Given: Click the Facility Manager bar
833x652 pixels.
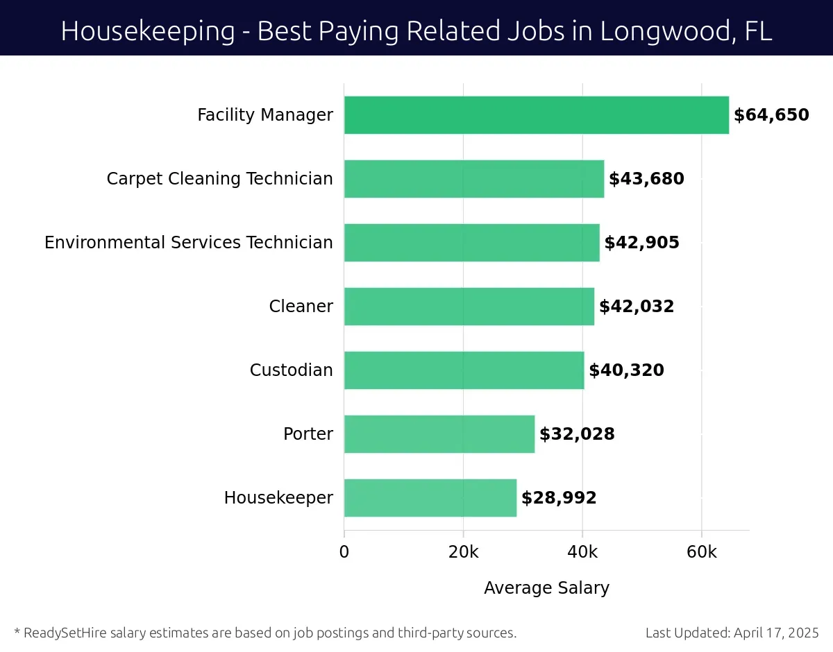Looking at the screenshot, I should [536, 115].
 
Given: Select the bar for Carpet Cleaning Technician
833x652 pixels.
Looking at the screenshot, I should [473, 179].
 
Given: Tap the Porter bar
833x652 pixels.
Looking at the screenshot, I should [439, 434].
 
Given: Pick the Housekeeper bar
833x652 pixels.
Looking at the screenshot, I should [430, 498].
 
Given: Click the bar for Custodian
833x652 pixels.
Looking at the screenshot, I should [464, 370].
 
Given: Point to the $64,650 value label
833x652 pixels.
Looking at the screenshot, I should [771, 115].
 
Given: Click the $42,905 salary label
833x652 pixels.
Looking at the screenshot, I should [641, 243].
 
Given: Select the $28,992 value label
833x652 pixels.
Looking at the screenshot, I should [559, 498].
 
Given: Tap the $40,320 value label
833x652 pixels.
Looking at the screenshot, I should [626, 370].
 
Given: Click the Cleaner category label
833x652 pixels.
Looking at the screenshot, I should [301, 307].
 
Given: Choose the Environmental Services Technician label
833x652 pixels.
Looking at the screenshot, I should [188, 243].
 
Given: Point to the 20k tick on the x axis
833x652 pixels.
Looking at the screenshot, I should [463, 552].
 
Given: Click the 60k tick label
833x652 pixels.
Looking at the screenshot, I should [701, 552].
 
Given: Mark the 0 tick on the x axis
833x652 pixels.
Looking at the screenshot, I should [344, 552].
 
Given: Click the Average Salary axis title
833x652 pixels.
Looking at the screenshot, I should [546, 588].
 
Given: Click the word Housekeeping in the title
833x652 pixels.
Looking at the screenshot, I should [148, 31].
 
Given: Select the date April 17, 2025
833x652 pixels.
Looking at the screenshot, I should [775, 633].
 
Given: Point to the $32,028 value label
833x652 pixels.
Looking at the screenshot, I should [577, 434].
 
